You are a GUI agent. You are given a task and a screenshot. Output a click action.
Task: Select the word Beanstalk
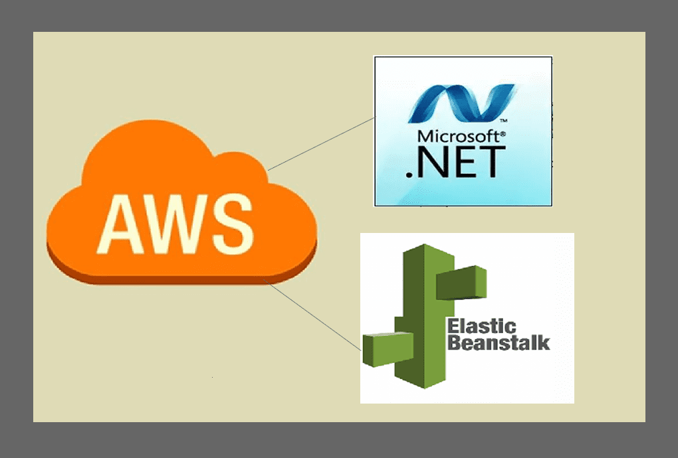click(499, 343)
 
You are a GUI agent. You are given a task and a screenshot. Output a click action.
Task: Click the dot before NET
click(409, 174)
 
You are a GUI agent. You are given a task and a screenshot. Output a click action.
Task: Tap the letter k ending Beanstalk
click(544, 343)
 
